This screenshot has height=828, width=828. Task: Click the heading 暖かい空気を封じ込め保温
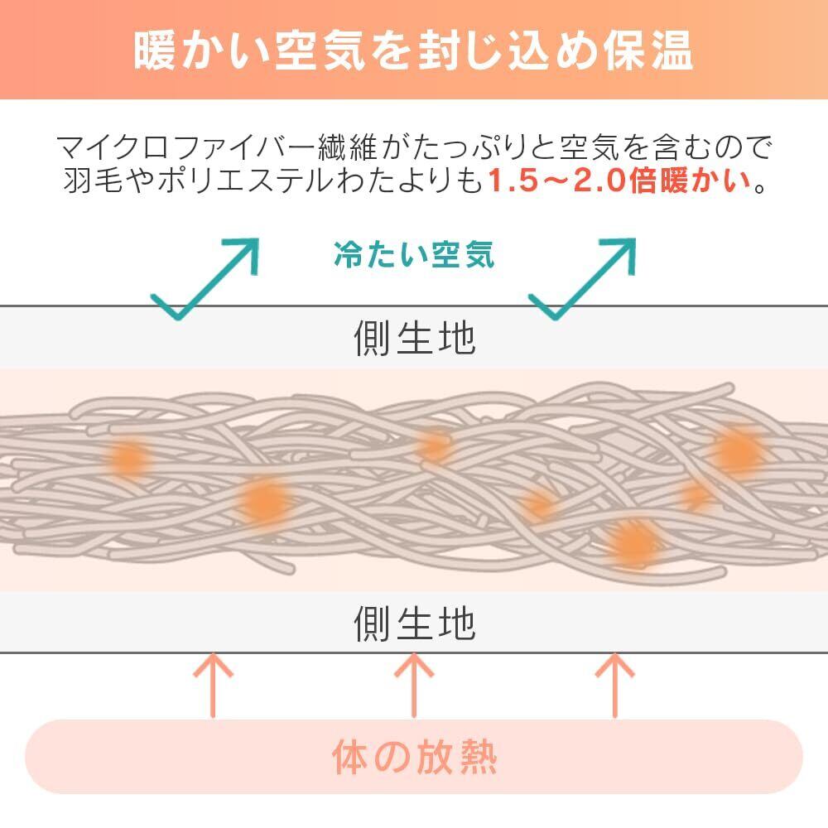413,51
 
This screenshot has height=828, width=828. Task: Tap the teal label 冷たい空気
414,254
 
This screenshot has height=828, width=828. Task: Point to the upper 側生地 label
415,338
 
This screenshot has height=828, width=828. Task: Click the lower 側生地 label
415,623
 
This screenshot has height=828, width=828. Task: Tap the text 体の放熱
415,757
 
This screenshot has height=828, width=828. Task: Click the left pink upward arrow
213,685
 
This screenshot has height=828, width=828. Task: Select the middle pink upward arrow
414,685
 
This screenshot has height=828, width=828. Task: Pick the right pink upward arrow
614,685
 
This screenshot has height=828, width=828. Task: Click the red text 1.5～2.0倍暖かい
619,181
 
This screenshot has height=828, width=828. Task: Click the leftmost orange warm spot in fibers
128,458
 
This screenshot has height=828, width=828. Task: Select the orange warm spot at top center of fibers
434,445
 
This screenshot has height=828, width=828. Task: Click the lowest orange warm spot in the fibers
633,544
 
